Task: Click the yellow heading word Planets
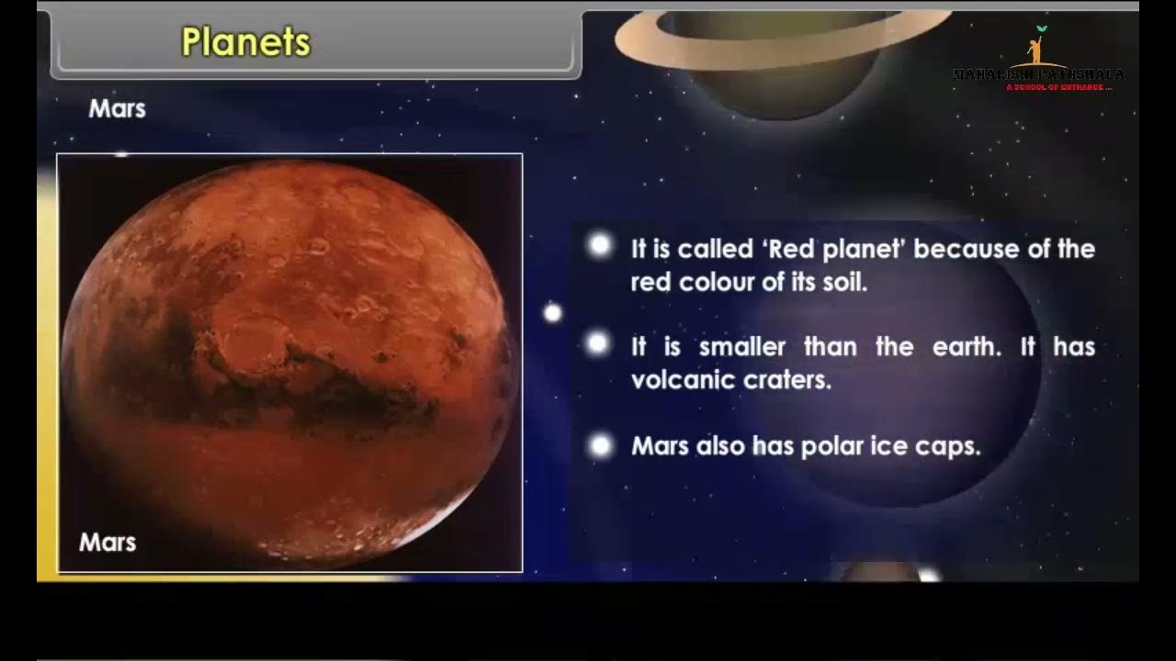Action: pyautogui.click(x=246, y=42)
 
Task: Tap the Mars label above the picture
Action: pyautogui.click(x=117, y=108)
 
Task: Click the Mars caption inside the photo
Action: pyautogui.click(x=107, y=542)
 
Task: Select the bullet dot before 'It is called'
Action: pyautogui.click(x=600, y=245)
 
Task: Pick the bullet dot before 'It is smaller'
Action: pyautogui.click(x=597, y=344)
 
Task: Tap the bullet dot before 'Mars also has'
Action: pyautogui.click(x=600, y=446)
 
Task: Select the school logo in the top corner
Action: pyautogui.click(x=1039, y=61)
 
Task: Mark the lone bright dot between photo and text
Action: pyautogui.click(x=552, y=313)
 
